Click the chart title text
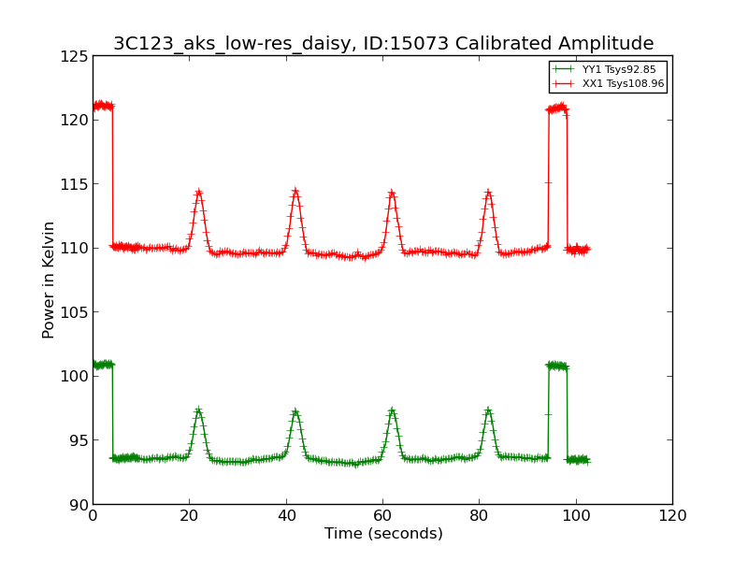pos(383,43)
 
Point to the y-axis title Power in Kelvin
pos(49,280)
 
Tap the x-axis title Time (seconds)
pos(383,534)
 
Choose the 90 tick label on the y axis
pos(79,505)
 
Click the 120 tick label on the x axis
pos(672,516)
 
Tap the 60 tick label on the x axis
pos(382,516)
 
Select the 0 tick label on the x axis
pos(93,516)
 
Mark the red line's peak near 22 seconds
pos(198,192)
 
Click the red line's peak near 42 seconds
pos(295,191)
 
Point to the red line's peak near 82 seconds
pos(488,193)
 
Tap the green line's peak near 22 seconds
pos(198,410)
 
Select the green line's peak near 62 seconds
pos(392,410)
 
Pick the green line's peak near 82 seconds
pos(488,410)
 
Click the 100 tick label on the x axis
pos(576,516)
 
